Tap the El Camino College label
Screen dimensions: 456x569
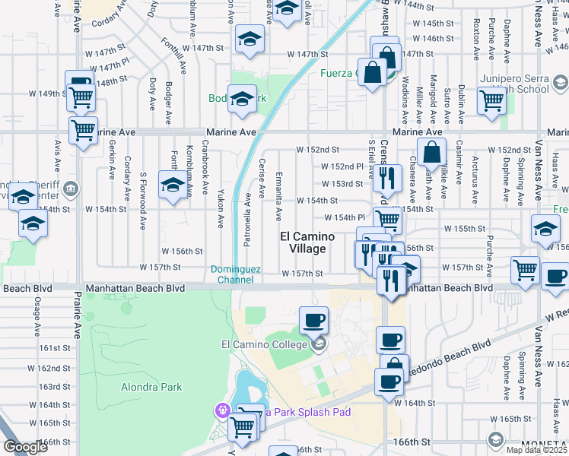[x=264, y=344]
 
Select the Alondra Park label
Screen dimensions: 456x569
[x=151, y=387]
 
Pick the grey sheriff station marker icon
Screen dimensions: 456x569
[x=71, y=187]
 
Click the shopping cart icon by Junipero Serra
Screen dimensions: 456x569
[x=492, y=99]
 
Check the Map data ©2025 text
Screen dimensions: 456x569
[x=537, y=449]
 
